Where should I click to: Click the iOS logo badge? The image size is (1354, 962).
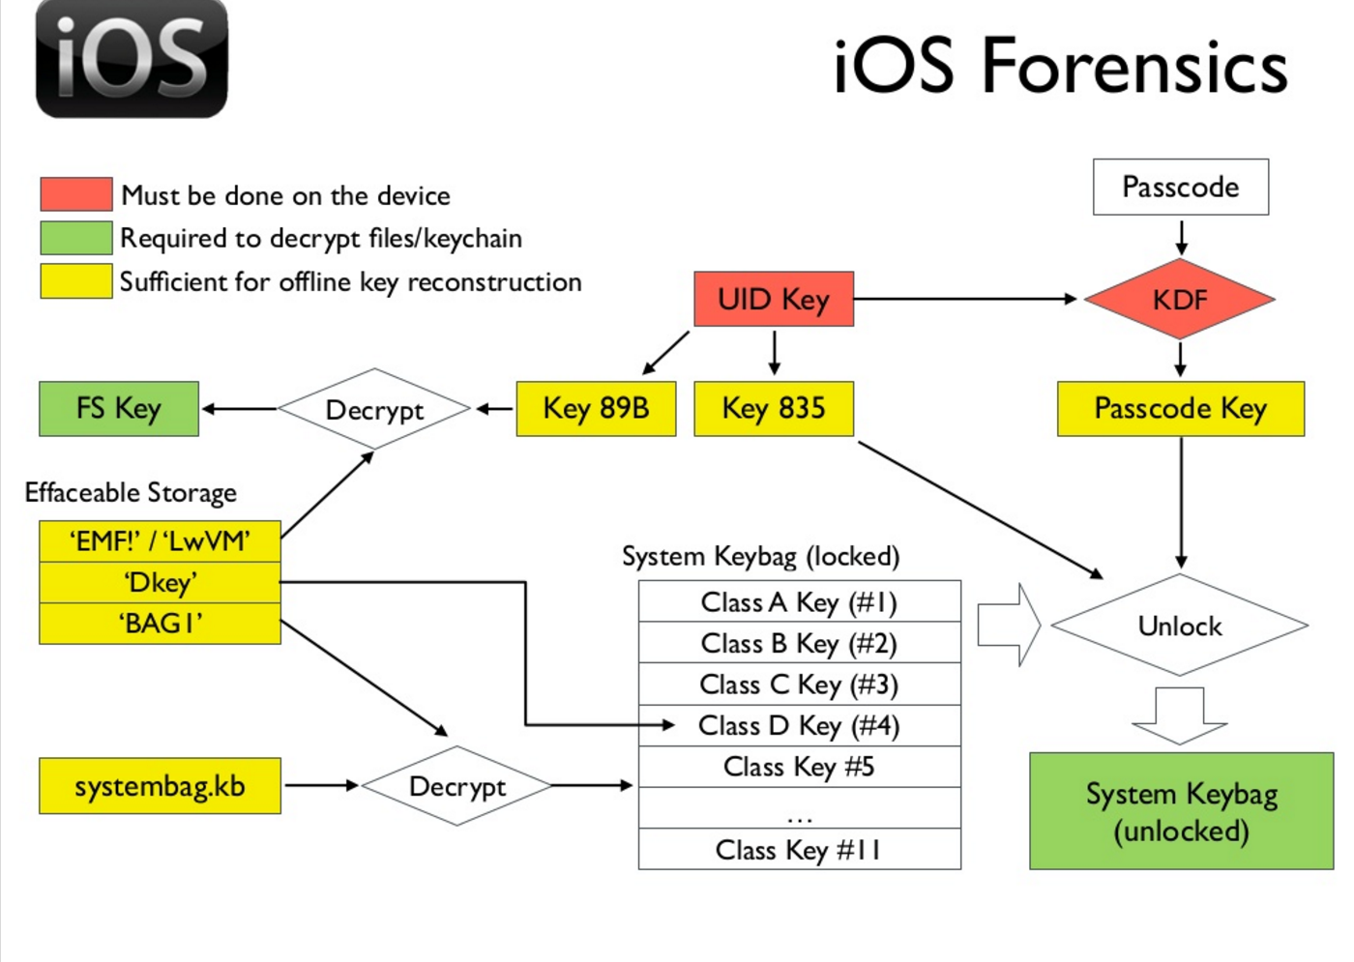pos(132,59)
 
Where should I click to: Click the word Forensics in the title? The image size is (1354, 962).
pos(1135,67)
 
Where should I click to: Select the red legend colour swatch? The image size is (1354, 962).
pos(75,194)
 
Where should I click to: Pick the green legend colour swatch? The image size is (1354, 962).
pos(75,238)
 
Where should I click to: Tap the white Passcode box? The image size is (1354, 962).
pos(1180,187)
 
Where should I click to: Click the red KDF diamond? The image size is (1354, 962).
pos(1180,299)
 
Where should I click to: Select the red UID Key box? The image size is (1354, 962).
pos(774,299)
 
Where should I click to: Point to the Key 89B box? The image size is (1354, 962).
pos(596,409)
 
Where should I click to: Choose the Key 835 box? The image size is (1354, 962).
pos(774,409)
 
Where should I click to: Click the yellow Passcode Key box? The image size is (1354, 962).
pos(1180,409)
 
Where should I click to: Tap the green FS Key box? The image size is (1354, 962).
pos(119,409)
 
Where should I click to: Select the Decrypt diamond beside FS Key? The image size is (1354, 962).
pos(374,409)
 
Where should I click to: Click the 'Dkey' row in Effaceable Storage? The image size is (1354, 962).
pos(160,583)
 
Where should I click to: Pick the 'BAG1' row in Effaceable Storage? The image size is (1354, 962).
pos(160,624)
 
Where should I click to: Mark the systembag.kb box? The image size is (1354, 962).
pos(160,786)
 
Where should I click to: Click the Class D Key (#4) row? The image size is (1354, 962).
pos(799,725)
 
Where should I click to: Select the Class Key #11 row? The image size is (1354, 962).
pos(799,850)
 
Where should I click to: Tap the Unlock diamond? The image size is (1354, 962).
pos(1180,626)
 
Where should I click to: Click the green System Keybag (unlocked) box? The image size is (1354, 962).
pos(1181,811)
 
